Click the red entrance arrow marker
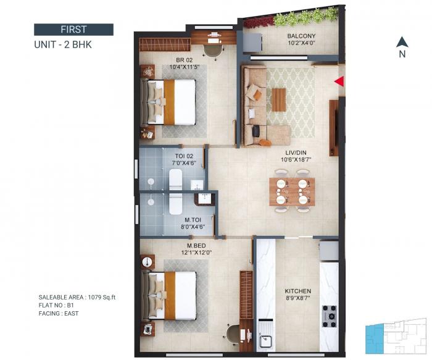tap(338, 82)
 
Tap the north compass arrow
tap(402, 43)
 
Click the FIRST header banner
tap(73, 29)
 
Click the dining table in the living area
tap(292, 191)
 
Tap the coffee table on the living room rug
tap(279, 99)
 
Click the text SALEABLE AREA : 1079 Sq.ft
tap(77, 298)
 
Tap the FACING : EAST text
tap(59, 314)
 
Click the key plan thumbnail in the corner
tap(396, 338)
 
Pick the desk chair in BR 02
tap(210, 51)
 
